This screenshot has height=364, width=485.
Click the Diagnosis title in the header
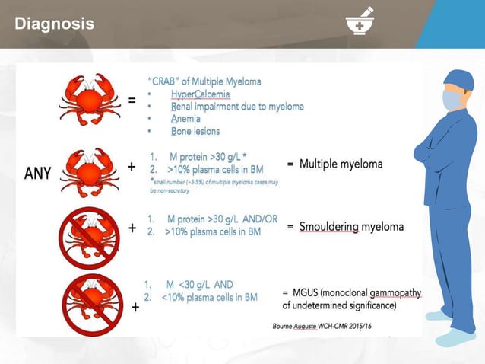pos(55,24)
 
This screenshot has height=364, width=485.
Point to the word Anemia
pos(186,119)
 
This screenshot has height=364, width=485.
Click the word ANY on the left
pos(33,172)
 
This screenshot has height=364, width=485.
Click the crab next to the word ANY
pos(90,172)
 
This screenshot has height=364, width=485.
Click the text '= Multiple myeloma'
pos(334,164)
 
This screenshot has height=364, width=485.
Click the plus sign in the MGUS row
pos(135,308)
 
